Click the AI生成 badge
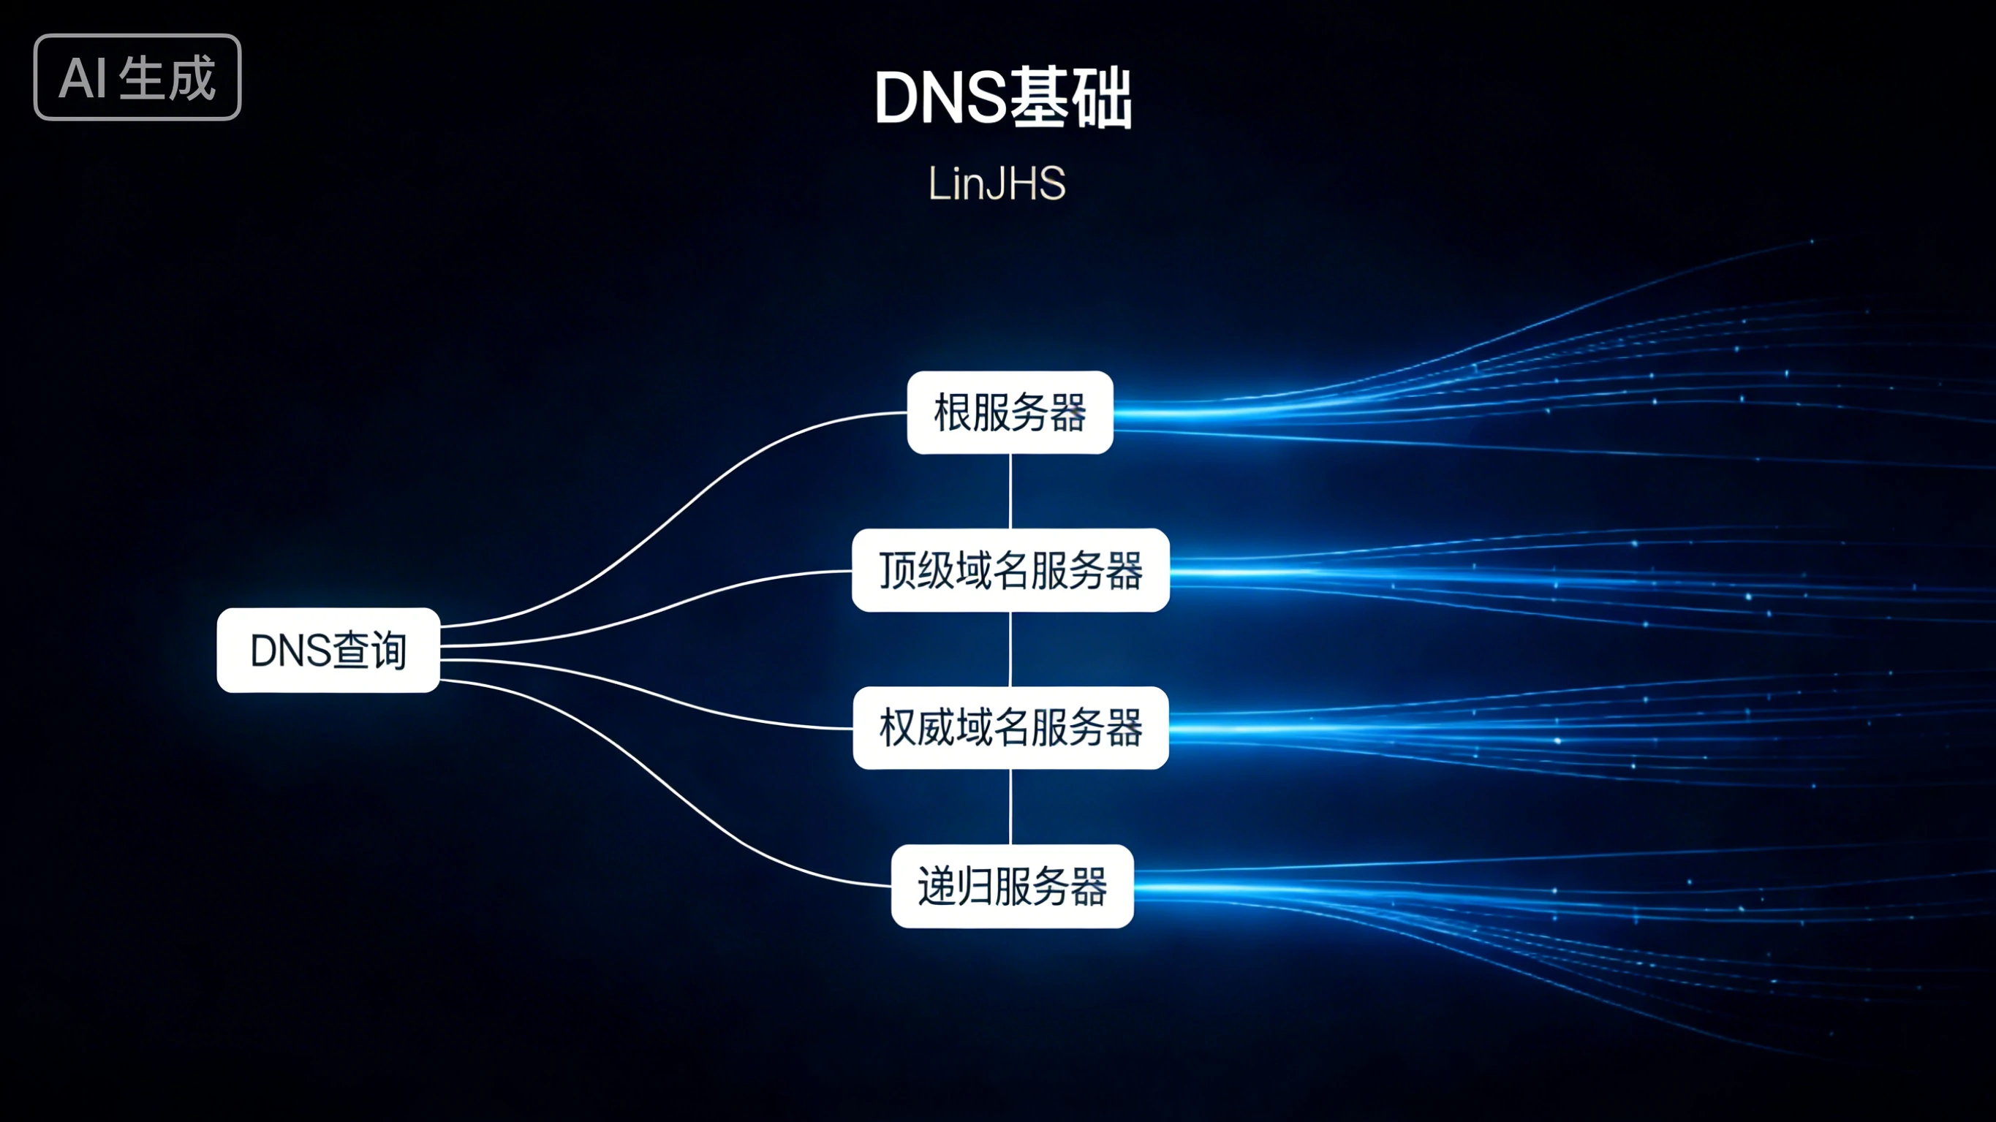pos(137,77)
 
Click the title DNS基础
pos(1002,99)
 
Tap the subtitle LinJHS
pos(997,183)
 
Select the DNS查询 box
pos(328,649)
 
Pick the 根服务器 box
pos(1010,412)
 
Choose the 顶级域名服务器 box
pos(1010,570)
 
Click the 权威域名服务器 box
pos(1010,727)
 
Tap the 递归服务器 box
pos(1012,886)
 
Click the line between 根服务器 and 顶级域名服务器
pos(1010,491)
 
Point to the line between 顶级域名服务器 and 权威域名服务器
pos(1010,649)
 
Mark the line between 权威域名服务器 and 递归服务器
pos(1010,807)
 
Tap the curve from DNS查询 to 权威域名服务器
pos(659,693)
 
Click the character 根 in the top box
pos(952,412)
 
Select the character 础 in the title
pos(1102,99)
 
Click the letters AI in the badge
pos(83,78)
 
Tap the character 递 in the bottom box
pos(935,886)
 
